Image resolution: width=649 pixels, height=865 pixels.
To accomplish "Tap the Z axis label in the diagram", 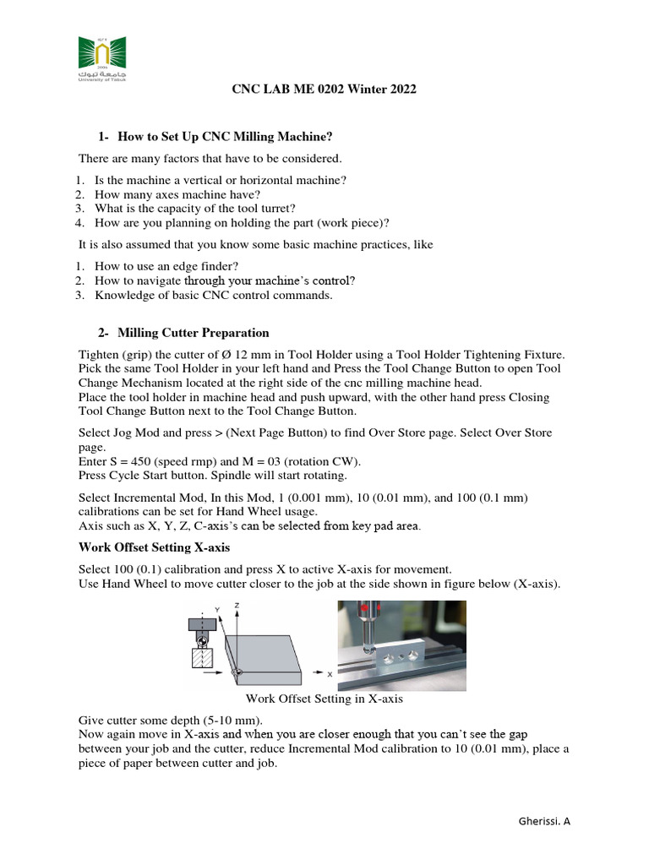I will [240, 607].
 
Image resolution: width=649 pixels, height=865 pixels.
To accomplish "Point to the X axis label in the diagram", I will [329, 674].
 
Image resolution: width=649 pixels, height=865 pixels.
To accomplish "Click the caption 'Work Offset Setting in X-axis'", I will [324, 699].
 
